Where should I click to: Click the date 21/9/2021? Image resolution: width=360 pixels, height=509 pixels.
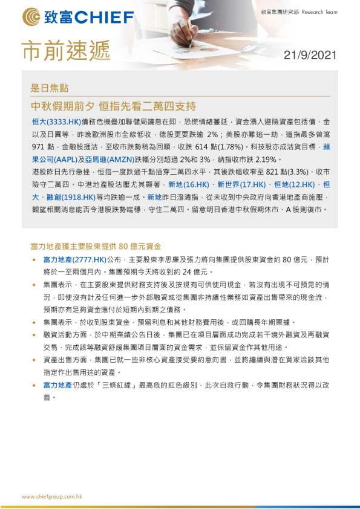pyautogui.click(x=310, y=55)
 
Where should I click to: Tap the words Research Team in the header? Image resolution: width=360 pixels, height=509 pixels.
pyautogui.click(x=319, y=11)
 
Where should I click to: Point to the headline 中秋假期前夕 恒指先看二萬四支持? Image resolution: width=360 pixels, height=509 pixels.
pyautogui.click(x=113, y=106)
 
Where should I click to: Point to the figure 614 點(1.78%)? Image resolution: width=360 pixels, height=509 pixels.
pyautogui.click(x=208, y=147)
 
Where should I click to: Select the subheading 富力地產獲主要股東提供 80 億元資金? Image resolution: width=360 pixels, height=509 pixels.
pyautogui.click(x=96, y=246)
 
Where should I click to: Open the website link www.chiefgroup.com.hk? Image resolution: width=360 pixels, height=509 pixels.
pyautogui.click(x=52, y=496)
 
